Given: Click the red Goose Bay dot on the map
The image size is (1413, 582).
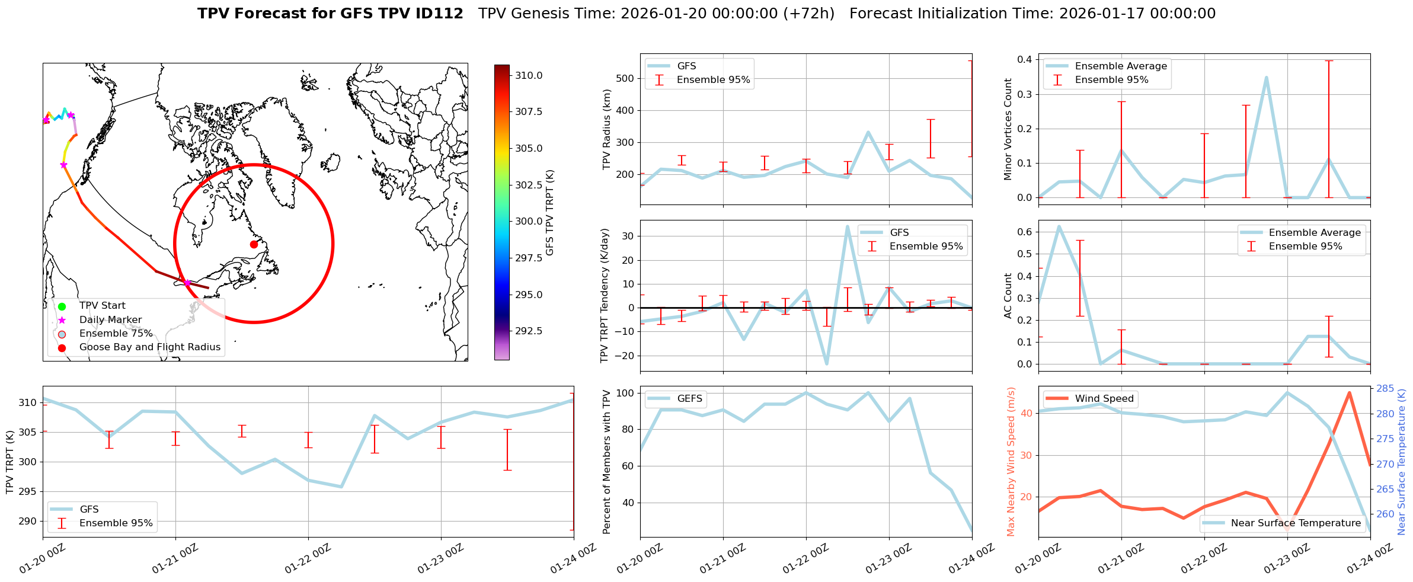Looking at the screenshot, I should tap(254, 244).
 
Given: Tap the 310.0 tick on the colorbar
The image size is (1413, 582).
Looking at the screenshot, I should tap(529, 75).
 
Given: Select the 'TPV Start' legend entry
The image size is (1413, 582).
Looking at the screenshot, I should tap(102, 306).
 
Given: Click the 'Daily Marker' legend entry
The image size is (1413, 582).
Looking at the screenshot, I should tap(110, 319).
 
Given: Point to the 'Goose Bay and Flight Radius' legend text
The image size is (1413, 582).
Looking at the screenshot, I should tap(149, 347).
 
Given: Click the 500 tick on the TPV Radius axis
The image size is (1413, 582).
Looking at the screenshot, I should tap(625, 78).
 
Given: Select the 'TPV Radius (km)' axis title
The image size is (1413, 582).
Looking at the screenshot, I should tap(606, 129).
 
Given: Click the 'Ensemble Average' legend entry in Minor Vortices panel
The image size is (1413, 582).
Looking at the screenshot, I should tap(1120, 66).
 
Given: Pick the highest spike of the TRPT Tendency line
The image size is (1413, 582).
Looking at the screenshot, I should tap(848, 226).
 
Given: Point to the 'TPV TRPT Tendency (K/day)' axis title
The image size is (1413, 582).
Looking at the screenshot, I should tap(605, 296).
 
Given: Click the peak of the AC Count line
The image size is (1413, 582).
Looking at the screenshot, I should tap(1059, 226).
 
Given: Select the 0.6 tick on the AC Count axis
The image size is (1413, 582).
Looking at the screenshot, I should tap(1024, 232).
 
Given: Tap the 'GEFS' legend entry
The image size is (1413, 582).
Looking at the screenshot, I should tap(689, 399).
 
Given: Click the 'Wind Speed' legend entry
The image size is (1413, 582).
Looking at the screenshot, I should tap(1104, 399).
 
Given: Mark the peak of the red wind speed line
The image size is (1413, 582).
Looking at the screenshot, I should tap(1350, 392).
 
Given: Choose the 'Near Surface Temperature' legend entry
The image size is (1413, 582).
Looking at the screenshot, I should tap(1296, 523).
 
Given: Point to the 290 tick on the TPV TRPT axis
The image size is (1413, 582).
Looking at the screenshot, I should tap(27, 522).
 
